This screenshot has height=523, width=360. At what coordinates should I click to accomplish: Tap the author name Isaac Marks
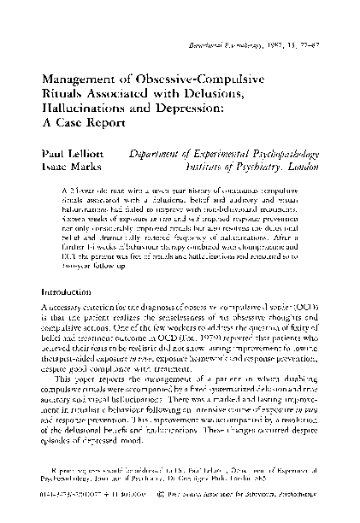(68, 166)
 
